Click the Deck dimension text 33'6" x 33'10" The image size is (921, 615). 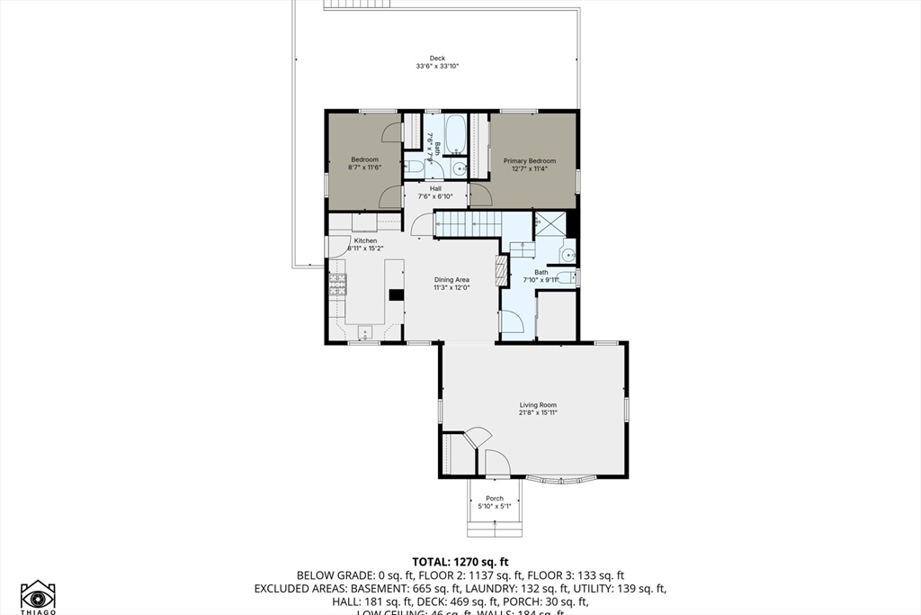pos(437,67)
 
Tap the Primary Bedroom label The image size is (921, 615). pos(529,161)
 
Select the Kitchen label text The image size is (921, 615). pos(364,241)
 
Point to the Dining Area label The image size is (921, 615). pos(452,280)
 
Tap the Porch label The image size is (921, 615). pos(495,498)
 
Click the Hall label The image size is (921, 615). pos(435,188)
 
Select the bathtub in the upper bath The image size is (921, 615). pos(454,133)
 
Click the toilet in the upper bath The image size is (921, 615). pos(412,167)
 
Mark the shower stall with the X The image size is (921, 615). pos(550,224)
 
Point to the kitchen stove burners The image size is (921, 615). pos(337,285)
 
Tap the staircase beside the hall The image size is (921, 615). pos(468,224)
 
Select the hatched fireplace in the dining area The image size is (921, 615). pos(502,268)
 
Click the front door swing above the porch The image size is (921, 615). pos(496,463)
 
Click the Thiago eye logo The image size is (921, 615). pos(38,596)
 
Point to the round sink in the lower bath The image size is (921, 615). pos(567,256)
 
